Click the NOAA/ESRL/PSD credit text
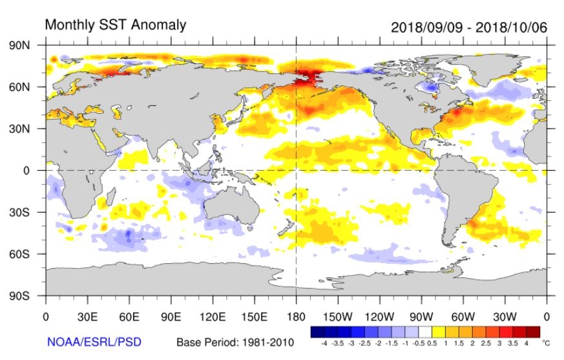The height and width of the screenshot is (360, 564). point(94,341)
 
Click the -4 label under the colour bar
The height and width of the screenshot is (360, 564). point(324,343)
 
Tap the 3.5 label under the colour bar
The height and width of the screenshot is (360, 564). point(514,343)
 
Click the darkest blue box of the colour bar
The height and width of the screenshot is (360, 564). point(317,332)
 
